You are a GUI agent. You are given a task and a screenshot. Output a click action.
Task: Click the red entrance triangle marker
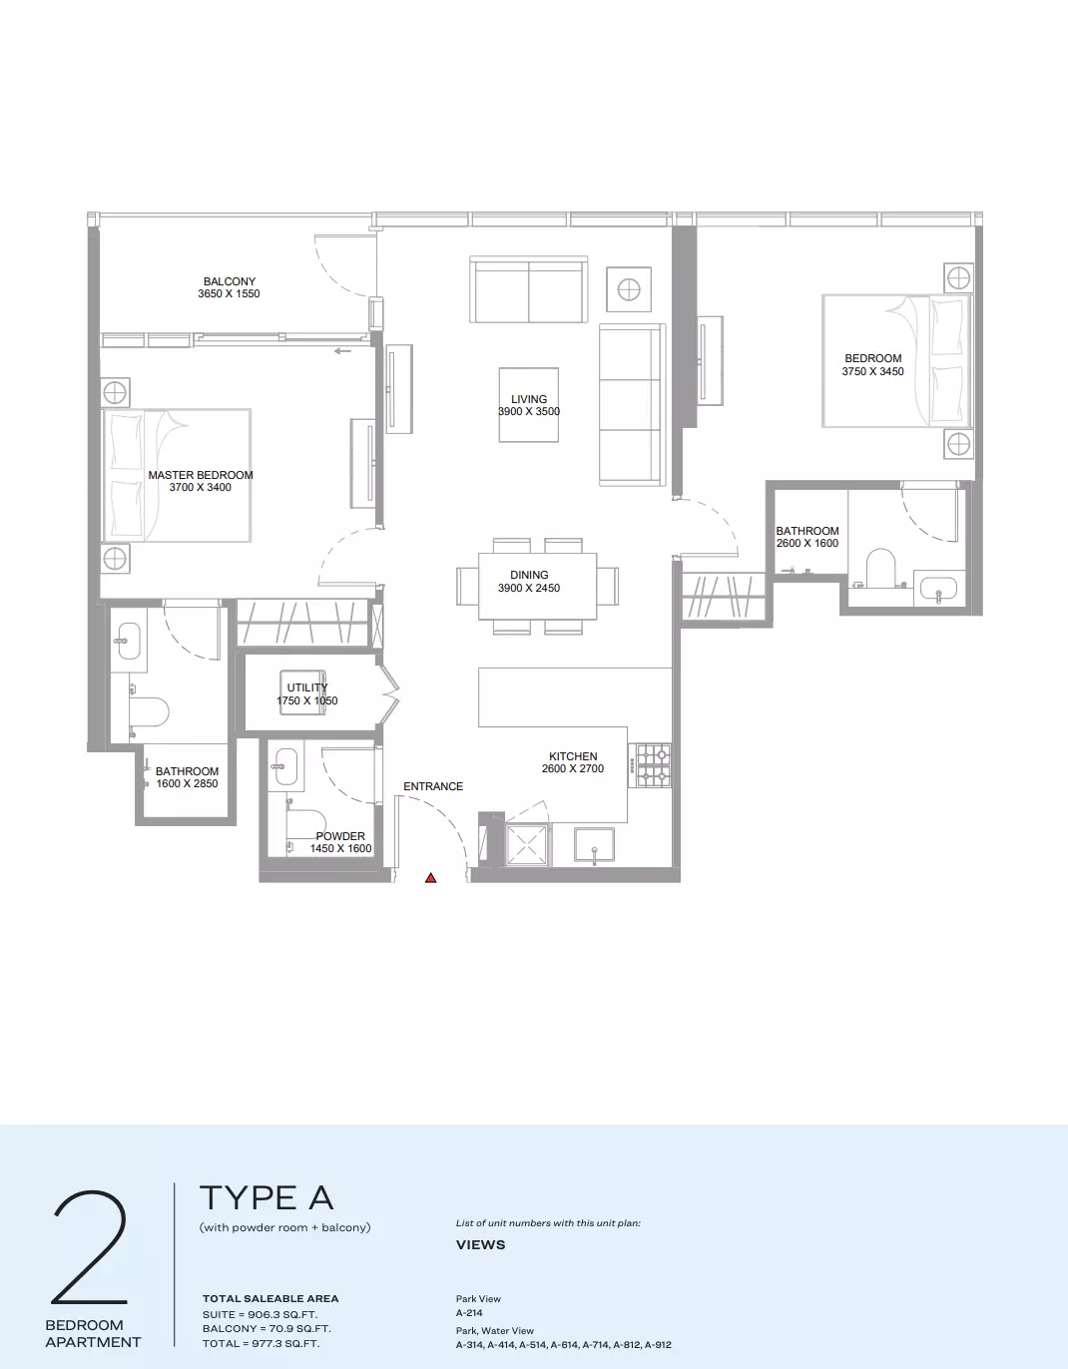pyautogui.click(x=430, y=878)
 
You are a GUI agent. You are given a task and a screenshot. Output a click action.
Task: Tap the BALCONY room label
pyautogui.click(x=230, y=281)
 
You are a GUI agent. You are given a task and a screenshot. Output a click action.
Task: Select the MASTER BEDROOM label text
pyautogui.click(x=201, y=475)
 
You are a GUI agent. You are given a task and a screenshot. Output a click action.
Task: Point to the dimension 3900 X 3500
pyautogui.click(x=529, y=411)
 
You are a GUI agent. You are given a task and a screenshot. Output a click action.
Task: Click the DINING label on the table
pyautogui.click(x=529, y=575)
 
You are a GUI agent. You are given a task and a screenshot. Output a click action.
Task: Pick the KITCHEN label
pyautogui.click(x=573, y=756)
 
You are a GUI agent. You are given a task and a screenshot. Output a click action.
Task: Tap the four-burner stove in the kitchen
pyautogui.click(x=653, y=765)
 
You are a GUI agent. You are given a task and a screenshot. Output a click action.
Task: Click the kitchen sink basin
pyautogui.click(x=594, y=844)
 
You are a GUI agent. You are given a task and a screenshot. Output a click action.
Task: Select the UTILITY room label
pyautogui.click(x=306, y=687)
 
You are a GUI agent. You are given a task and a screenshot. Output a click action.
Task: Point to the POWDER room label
pyautogui.click(x=340, y=836)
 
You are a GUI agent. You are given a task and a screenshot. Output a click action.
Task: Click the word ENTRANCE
pyautogui.click(x=433, y=786)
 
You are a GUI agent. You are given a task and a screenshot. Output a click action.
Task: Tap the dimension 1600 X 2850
pyautogui.click(x=187, y=783)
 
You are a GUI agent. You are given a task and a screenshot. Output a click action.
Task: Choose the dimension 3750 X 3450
pyautogui.click(x=872, y=371)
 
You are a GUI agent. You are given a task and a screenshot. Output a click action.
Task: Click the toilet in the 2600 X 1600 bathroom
pyautogui.click(x=880, y=568)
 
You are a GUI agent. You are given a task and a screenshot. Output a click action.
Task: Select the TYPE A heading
pyautogui.click(x=267, y=1197)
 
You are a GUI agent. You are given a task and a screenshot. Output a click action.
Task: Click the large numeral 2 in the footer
pyautogui.click(x=90, y=1247)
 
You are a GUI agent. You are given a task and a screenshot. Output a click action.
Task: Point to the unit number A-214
pyautogui.click(x=469, y=1313)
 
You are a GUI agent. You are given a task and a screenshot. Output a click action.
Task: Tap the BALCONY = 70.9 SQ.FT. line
pyautogui.click(x=267, y=1329)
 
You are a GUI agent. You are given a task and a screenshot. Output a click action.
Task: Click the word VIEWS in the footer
pyautogui.click(x=481, y=1245)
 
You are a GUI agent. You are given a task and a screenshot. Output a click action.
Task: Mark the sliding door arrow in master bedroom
pyautogui.click(x=342, y=351)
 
